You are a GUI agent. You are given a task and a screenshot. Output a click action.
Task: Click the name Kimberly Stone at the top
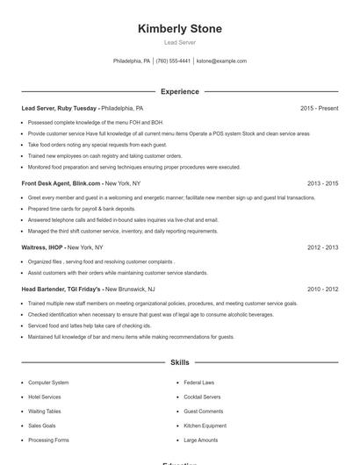point(179,29)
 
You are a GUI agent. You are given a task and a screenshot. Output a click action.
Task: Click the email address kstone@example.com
point(221,61)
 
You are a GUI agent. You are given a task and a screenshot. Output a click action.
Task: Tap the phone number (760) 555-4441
point(173,61)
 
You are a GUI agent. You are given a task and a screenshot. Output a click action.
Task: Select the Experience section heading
point(179,91)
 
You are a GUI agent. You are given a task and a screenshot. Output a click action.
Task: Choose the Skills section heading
point(179,361)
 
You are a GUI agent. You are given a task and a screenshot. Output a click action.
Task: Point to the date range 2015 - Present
point(319,108)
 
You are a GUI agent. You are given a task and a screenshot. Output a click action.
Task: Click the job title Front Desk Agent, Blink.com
point(61,183)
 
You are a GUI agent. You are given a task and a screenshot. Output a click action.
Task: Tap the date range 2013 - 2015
point(322,183)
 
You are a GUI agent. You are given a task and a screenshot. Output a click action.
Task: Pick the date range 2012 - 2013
point(322,247)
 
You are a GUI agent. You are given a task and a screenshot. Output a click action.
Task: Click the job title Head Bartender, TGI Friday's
point(62,289)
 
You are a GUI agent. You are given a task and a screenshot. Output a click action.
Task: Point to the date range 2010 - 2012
point(322,289)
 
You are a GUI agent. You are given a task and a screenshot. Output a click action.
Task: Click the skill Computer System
point(48,383)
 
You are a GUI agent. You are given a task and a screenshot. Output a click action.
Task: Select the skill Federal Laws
point(199,383)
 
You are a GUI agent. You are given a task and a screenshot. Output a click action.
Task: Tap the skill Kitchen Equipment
point(205,426)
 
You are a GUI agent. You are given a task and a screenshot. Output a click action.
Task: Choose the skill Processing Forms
point(49,440)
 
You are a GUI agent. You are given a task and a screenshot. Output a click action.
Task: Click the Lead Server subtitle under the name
point(179,42)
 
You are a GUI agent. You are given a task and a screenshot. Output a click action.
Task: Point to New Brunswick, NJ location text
point(129,289)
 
